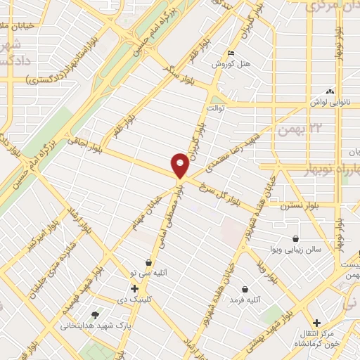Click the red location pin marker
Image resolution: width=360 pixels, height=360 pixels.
[181, 166]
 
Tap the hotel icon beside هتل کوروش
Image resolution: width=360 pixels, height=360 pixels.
[232, 53]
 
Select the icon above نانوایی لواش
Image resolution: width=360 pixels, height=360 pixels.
[329, 91]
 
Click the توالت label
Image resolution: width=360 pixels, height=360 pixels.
[214, 108]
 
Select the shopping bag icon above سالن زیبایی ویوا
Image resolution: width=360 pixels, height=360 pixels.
[295, 239]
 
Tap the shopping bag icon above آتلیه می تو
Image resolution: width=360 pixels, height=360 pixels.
[148, 261]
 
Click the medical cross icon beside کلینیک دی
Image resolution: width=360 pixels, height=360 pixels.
[134, 288]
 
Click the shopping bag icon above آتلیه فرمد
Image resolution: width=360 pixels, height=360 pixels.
[245, 289]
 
